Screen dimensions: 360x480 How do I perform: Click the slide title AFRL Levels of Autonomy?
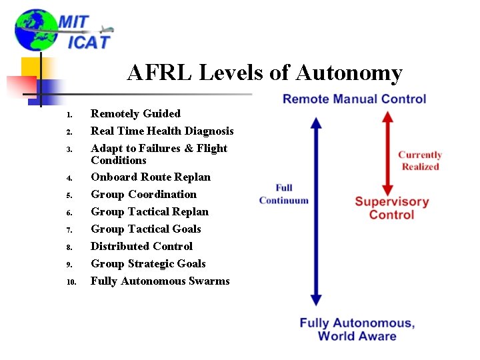pos(265,73)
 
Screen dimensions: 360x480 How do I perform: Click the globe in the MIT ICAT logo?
pos(36,31)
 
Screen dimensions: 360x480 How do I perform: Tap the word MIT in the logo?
pos(73,21)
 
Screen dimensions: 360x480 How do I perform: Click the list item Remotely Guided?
pos(135,114)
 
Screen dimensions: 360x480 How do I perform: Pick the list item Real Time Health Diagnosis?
pos(162,131)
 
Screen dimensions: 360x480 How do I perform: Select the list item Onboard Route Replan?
pos(151,177)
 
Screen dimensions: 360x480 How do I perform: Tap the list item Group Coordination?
pos(143,195)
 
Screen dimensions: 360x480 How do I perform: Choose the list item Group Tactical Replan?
pos(149,212)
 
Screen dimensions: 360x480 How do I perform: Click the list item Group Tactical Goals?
pos(146,229)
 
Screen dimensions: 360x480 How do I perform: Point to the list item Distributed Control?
pos(141,247)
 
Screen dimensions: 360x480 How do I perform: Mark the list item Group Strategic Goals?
pos(148,264)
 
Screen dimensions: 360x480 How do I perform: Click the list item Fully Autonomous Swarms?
pos(160,281)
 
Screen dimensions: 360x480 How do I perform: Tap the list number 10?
pos(72,282)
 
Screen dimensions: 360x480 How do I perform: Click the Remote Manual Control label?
pos(354,99)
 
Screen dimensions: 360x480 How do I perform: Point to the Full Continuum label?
pos(284,194)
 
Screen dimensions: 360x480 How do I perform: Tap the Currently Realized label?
pos(420,161)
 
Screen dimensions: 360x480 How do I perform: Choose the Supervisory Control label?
pos(391,208)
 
